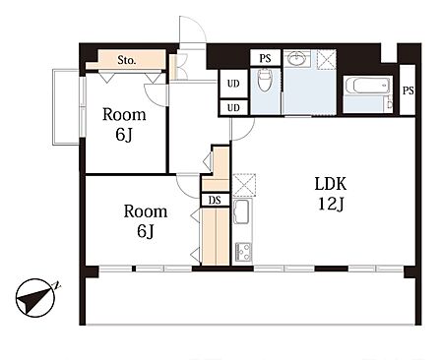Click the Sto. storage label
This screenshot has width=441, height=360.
click(x=127, y=60)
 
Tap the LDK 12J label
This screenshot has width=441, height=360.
click(x=331, y=194)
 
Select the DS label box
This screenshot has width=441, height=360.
click(x=215, y=200)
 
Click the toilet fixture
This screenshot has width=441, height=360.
click(x=265, y=80)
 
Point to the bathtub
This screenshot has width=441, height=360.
click(x=367, y=85)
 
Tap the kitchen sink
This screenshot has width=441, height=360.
click(x=242, y=211)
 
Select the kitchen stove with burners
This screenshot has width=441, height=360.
click(x=243, y=252)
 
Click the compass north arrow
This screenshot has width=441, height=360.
click(x=34, y=298)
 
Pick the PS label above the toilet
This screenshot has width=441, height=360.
click(x=265, y=58)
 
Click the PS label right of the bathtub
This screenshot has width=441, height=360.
click(x=409, y=90)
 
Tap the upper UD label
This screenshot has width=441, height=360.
click(x=233, y=84)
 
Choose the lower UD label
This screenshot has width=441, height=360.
click(x=233, y=107)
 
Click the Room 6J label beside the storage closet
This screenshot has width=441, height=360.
click(x=124, y=125)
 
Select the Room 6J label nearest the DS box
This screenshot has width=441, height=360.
click(x=146, y=221)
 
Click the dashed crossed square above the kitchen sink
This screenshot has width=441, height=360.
click(x=244, y=185)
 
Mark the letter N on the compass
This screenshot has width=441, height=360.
click(x=57, y=285)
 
